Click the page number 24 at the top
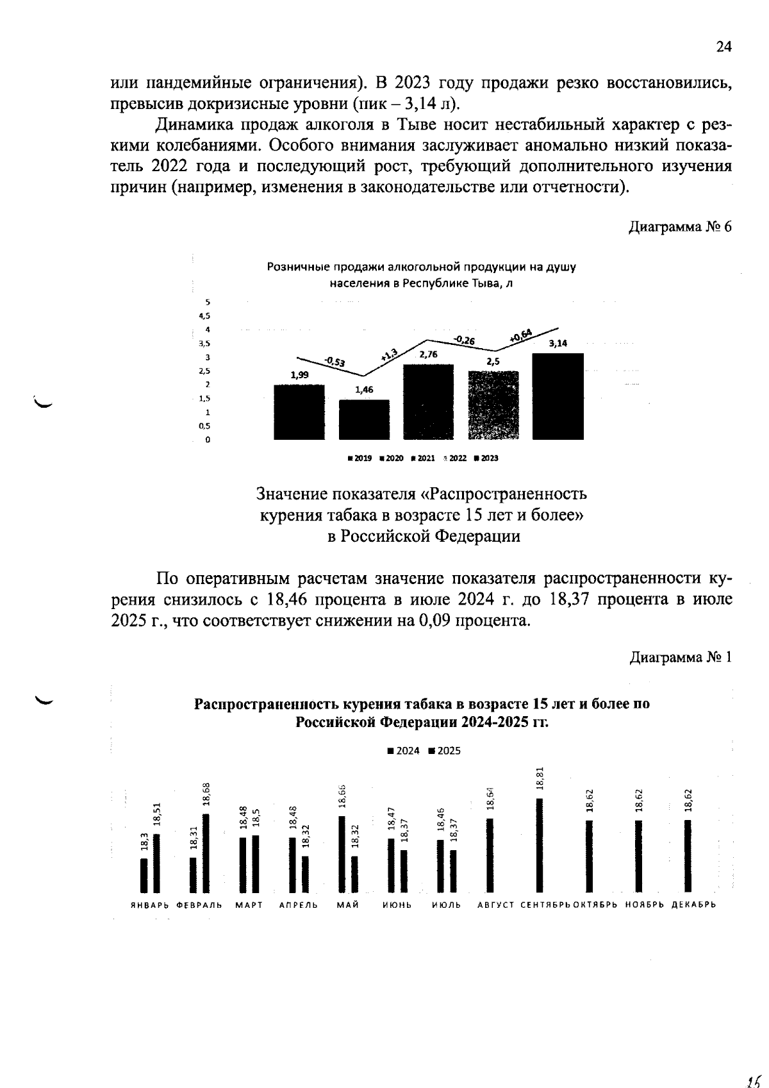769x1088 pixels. [724, 47]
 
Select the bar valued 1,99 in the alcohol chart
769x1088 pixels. [299, 412]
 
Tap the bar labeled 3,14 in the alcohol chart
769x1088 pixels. [558, 396]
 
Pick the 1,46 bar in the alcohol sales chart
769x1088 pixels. [364, 420]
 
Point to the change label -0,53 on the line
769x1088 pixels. [334, 362]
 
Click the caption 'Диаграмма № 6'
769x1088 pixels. [680, 227]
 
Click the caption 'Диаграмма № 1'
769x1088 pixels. [681, 658]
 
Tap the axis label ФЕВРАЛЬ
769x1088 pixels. [199, 905]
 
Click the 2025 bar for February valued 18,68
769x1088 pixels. [206, 853]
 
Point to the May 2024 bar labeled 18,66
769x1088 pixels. [342, 854]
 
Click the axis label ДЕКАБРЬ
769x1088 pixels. [693, 905]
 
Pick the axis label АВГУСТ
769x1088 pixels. [496, 905]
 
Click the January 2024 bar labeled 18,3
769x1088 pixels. [144, 876]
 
